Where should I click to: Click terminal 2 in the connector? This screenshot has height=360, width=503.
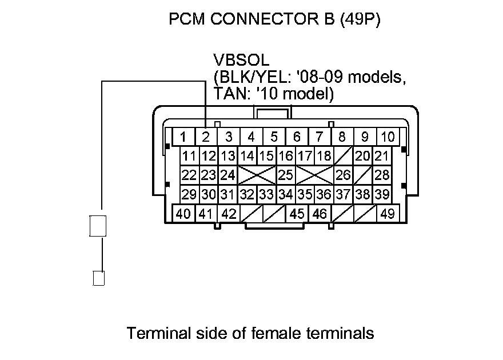206,137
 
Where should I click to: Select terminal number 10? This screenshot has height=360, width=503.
388,137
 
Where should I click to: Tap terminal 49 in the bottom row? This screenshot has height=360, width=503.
387,214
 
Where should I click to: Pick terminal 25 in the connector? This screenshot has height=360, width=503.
285,175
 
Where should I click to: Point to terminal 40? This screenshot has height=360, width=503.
183,214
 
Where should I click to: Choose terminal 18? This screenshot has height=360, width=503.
324,156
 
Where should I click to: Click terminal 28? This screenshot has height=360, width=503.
382,175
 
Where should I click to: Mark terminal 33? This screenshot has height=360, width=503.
266,194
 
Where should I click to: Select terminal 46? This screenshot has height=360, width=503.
320,214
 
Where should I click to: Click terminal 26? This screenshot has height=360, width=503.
343,175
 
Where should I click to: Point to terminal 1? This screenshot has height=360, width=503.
183,137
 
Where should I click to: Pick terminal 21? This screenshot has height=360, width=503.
382,156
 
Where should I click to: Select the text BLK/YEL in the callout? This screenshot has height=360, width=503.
245,77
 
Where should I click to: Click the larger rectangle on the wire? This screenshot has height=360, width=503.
98,226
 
